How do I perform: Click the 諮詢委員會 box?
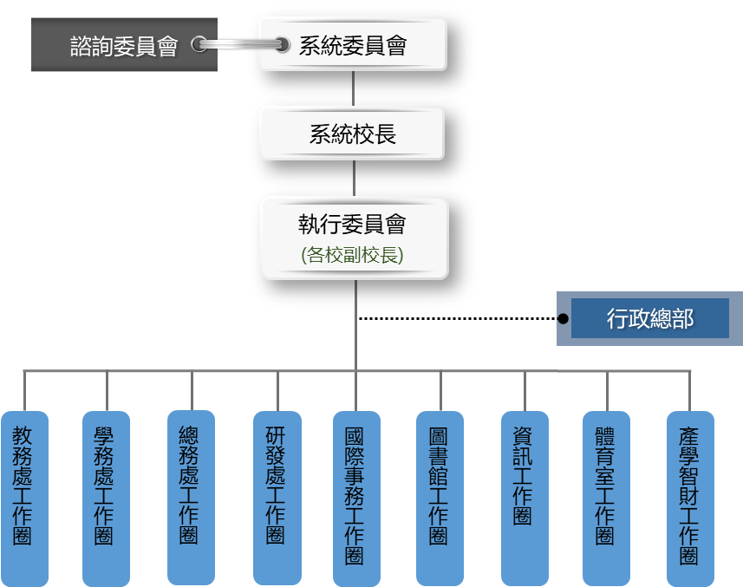124,45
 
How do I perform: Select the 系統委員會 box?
353,44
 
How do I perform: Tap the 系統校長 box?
353,134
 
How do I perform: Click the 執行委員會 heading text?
353,225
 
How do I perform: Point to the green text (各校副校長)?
353,256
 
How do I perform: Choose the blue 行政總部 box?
649,318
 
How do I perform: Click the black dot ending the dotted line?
563,319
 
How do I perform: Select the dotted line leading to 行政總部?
459,319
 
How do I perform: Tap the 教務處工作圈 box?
23,499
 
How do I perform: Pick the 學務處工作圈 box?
105,499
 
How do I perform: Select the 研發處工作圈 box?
277,499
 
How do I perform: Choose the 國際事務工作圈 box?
355,499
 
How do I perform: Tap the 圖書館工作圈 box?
440,499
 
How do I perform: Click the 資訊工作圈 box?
524,499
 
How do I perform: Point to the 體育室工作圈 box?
606,499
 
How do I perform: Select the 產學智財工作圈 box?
690,499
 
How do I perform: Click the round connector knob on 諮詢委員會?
199,44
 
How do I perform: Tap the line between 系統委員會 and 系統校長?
354,88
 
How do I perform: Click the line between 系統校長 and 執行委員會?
354,179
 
